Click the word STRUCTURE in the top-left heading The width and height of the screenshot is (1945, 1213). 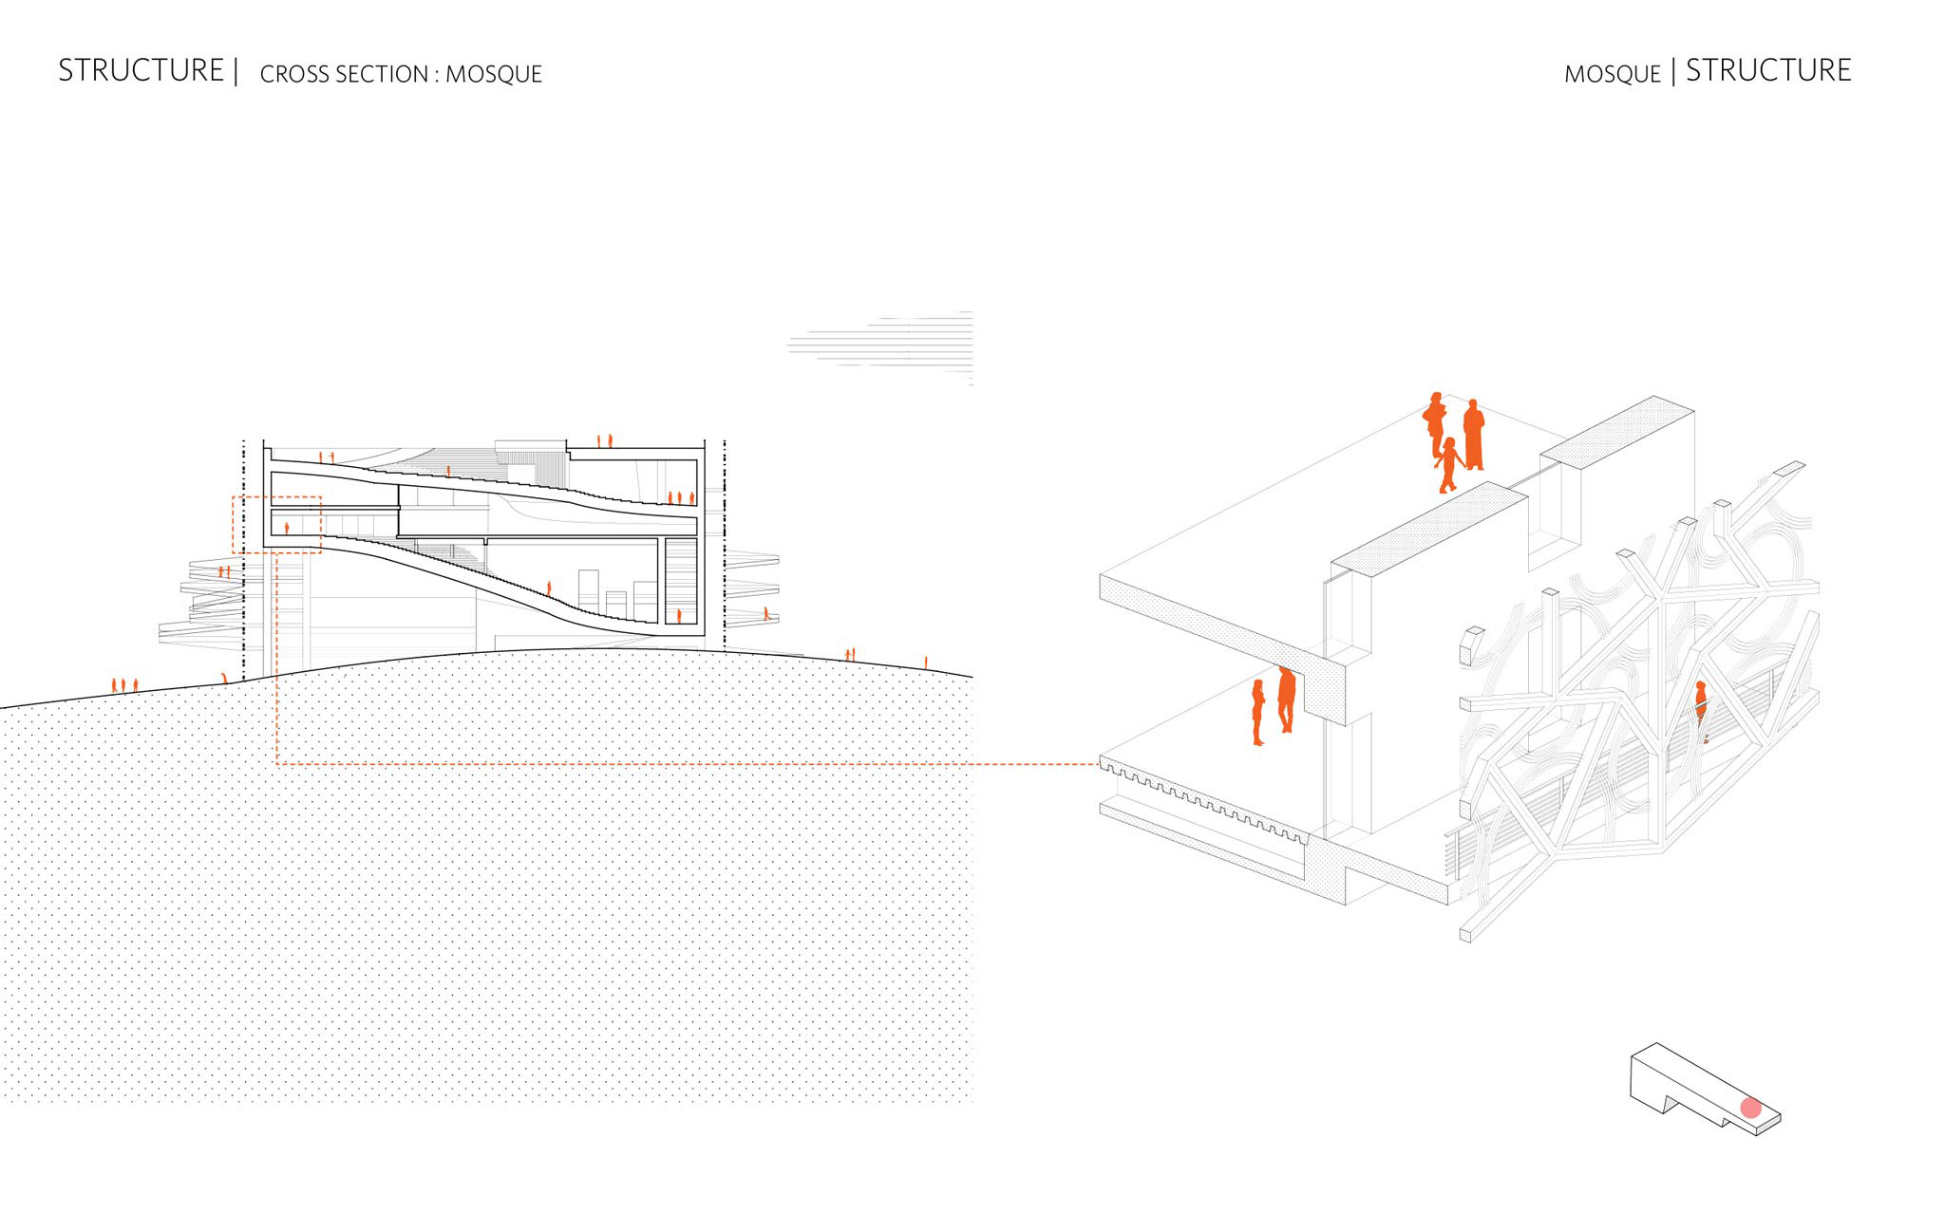tap(141, 70)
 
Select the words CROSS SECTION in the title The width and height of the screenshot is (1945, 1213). tap(344, 74)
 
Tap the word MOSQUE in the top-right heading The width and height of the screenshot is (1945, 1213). tap(1612, 74)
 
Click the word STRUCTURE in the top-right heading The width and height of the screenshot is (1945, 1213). tap(1768, 70)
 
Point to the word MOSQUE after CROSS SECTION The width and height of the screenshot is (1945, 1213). tap(494, 74)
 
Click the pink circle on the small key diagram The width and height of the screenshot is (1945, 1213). tap(1751, 1108)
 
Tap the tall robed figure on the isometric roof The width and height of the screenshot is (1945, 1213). tap(1473, 435)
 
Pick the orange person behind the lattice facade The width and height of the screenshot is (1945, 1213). tap(1701, 707)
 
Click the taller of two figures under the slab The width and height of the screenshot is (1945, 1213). tap(1287, 700)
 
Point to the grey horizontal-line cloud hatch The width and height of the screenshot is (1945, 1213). tap(881, 346)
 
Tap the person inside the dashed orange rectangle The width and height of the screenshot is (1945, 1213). tap(287, 528)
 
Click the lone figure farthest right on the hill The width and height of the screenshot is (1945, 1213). tap(926, 662)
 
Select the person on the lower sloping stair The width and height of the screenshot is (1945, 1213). tap(549, 588)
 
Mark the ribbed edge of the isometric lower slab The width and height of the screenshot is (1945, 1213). tap(1204, 799)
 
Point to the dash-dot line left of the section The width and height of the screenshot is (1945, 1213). tap(244, 560)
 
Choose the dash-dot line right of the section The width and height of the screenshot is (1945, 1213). tap(725, 545)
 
